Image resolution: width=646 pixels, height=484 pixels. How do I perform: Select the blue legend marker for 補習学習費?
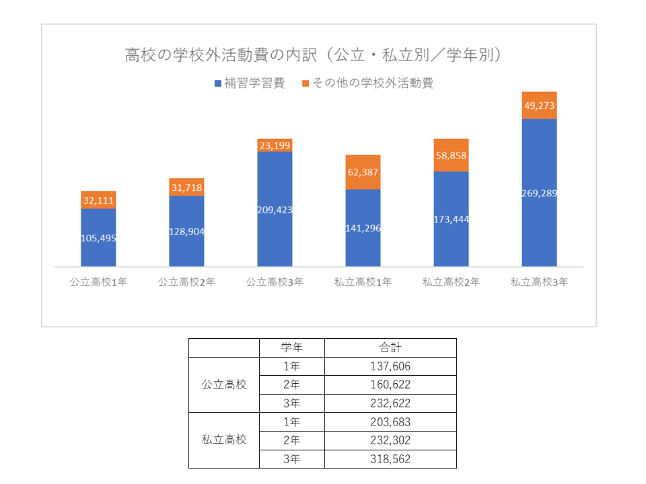[x=217, y=83]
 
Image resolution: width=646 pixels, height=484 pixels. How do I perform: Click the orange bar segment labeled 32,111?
[x=98, y=200]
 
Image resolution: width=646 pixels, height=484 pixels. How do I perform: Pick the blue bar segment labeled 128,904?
[x=186, y=231]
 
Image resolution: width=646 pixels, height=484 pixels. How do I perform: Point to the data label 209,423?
[x=275, y=210]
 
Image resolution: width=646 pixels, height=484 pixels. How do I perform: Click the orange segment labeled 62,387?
[x=363, y=172]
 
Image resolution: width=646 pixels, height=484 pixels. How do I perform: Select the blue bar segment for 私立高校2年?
[x=451, y=219]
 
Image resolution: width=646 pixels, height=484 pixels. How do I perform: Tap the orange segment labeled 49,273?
[x=539, y=105]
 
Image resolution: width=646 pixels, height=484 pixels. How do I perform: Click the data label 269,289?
[x=539, y=194]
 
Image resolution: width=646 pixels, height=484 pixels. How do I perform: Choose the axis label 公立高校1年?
[x=98, y=282]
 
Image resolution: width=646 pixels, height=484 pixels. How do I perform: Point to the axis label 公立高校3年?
[x=275, y=282]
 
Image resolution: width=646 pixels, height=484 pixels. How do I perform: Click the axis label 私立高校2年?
[x=451, y=282]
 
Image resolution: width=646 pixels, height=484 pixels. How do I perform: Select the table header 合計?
[x=390, y=348]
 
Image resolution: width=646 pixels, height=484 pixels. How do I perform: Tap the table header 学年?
[x=291, y=348]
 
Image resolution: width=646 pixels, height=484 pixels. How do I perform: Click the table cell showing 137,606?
[x=390, y=366]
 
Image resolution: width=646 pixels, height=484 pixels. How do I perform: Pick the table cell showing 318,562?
[x=390, y=459]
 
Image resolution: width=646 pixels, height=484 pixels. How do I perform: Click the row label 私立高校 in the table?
[x=224, y=440]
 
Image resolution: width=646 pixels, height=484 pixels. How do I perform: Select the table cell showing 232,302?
[x=390, y=440]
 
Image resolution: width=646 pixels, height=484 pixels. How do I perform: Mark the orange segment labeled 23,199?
[x=275, y=145]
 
